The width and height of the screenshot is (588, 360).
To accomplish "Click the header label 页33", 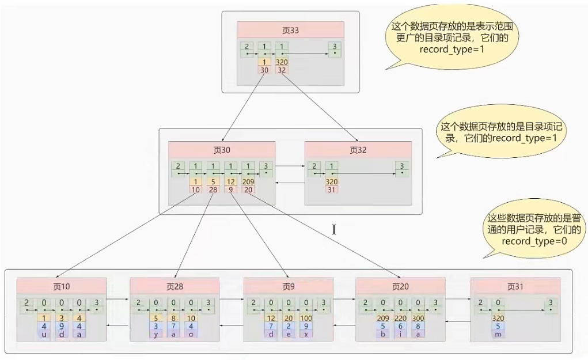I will point(290,29).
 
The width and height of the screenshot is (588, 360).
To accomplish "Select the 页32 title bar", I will point(358,150).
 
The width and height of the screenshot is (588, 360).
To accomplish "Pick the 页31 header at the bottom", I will point(515,286).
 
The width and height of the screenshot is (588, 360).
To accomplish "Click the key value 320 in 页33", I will point(282,62).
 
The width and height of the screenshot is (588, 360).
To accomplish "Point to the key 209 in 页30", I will point(248,181).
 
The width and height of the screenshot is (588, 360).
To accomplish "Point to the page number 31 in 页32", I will point(332,189).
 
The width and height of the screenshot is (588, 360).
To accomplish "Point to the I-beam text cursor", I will point(334,229).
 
